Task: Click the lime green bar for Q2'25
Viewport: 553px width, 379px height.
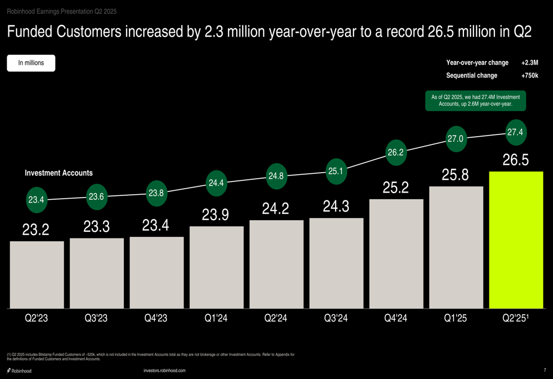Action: point(517,240)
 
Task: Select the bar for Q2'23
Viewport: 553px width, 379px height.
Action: point(36,274)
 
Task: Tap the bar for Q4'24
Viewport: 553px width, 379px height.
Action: point(397,253)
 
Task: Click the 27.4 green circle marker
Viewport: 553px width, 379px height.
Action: point(515,132)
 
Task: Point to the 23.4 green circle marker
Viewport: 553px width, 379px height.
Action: point(36,200)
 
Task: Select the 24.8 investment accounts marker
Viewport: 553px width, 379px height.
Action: point(275,176)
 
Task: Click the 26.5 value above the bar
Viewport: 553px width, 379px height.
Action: point(515,160)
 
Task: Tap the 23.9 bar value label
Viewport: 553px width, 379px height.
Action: point(216,214)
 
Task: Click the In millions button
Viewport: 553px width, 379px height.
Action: point(31,63)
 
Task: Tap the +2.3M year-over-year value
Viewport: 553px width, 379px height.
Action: point(529,63)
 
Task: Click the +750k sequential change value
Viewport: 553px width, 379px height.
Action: point(529,76)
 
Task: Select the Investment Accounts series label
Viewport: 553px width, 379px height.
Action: point(59,173)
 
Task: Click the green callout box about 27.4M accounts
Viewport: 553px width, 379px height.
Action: point(476,101)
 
